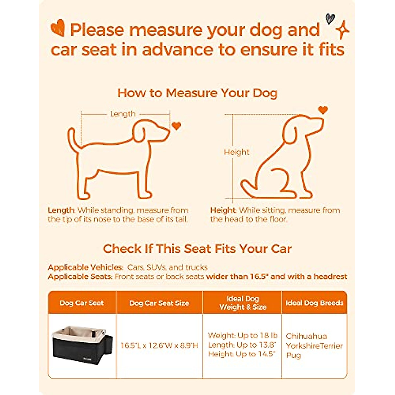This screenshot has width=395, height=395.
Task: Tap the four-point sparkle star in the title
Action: tap(342, 30)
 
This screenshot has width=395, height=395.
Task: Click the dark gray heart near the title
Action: tap(330, 19)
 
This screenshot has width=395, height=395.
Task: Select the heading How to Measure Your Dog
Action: tap(197, 93)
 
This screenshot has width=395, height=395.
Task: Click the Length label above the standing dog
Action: tap(122, 114)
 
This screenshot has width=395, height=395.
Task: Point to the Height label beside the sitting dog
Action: tap(236, 152)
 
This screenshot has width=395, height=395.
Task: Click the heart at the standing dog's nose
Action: tap(177, 126)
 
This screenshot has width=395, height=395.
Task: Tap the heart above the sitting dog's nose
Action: tap(323, 110)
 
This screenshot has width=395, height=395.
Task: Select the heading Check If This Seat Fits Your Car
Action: tap(197, 249)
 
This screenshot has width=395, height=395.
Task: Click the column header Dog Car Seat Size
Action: tap(159, 303)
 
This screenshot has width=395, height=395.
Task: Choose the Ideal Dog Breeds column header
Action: tap(314, 303)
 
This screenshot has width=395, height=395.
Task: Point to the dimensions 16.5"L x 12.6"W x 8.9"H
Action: tap(159, 345)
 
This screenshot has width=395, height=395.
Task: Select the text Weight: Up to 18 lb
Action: tap(243, 336)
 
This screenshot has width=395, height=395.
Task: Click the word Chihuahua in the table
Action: tap(306, 336)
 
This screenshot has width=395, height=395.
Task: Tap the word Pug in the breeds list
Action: tap(293, 355)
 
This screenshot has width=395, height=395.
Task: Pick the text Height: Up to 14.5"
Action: tap(242, 354)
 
